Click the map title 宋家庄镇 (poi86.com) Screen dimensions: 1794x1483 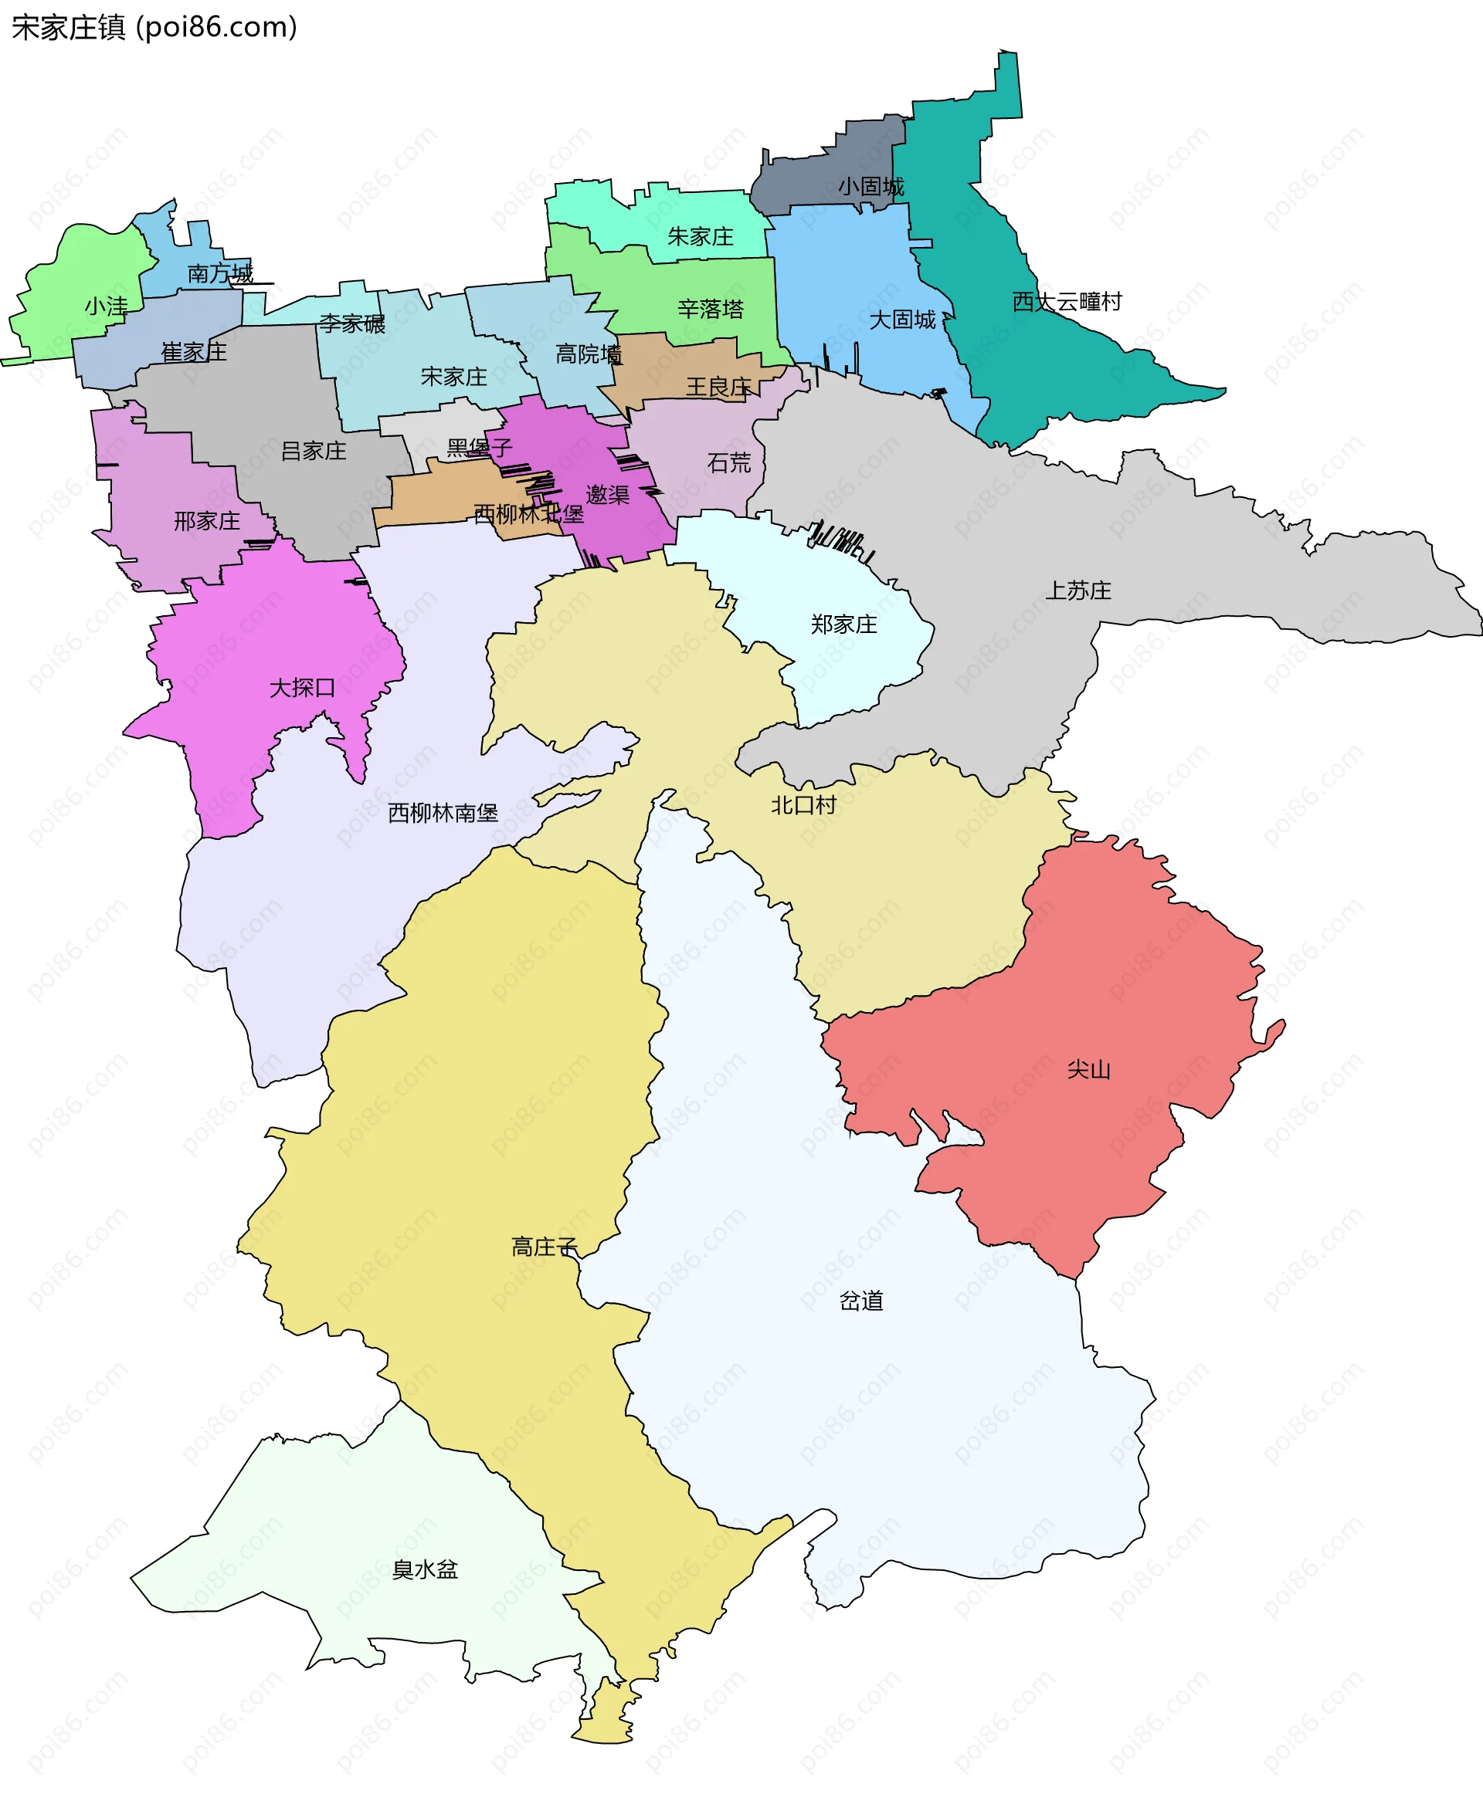(154, 27)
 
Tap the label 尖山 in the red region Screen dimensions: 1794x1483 (1088, 1069)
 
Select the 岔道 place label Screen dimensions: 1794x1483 (860, 1301)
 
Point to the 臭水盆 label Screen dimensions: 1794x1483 (425, 1569)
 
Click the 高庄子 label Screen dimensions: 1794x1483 (545, 1247)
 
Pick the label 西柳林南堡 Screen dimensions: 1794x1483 (443, 813)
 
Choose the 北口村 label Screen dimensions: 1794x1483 (803, 804)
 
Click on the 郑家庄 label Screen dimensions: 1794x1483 (843, 625)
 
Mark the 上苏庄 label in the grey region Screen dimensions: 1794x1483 (1078, 590)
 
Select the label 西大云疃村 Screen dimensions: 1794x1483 (1066, 301)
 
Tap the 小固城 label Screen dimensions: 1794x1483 (870, 186)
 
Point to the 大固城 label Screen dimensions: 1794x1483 (902, 320)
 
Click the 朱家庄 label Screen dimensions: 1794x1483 (700, 236)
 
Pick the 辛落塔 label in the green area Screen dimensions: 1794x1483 (710, 308)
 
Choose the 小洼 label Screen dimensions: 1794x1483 (106, 306)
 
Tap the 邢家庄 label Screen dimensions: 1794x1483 (207, 521)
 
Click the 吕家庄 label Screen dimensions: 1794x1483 (314, 451)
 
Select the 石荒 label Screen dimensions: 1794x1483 (728, 463)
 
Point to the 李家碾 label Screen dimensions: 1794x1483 (352, 323)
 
